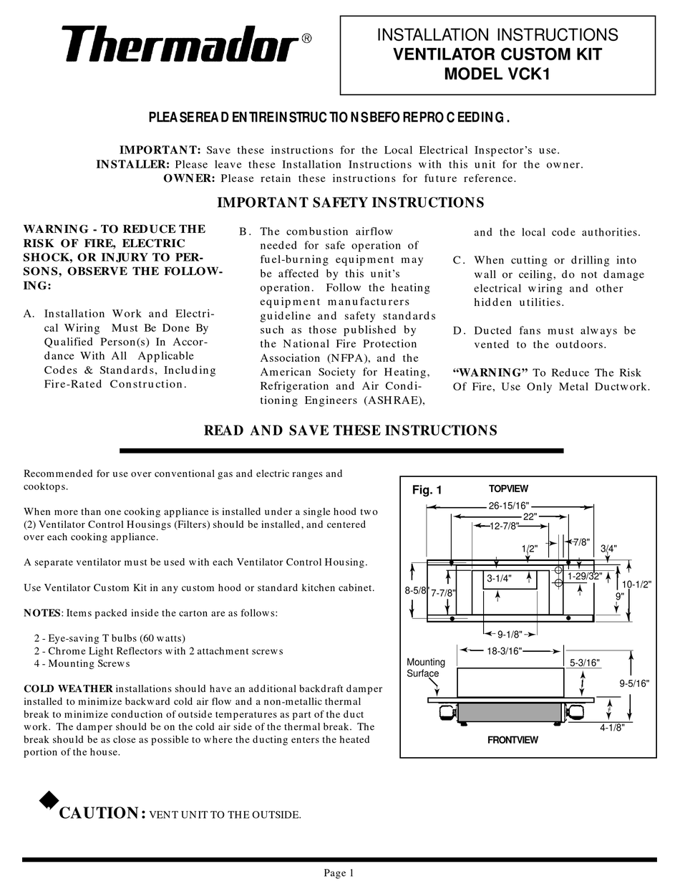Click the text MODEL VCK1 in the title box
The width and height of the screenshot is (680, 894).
point(497,73)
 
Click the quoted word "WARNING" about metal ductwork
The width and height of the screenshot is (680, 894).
point(491,372)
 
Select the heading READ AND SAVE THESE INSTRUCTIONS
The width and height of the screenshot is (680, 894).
point(350,431)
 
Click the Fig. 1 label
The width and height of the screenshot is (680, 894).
point(427,491)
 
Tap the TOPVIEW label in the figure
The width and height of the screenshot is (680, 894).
point(508,489)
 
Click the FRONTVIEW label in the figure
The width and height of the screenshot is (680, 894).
point(512,740)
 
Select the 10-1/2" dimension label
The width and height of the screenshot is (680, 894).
point(636,584)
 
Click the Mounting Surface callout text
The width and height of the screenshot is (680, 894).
point(426,668)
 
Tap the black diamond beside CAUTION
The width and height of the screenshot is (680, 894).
point(48,800)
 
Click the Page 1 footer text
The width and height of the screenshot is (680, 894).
point(339,873)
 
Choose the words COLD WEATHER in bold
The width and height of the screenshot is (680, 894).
point(68,688)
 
